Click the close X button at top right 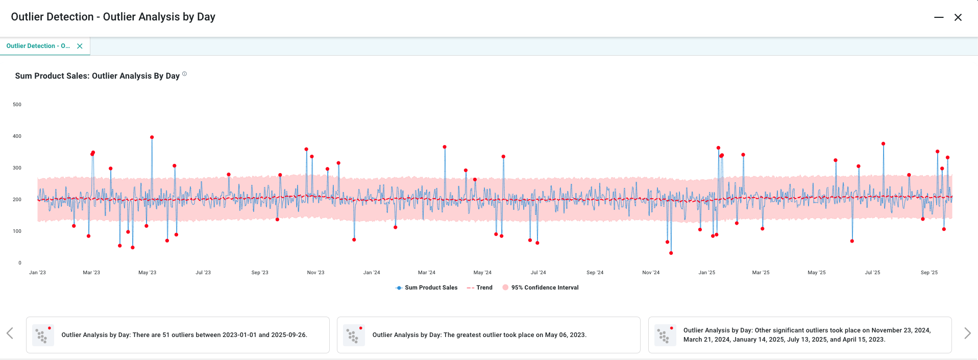[958, 17]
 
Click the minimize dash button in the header [939, 17]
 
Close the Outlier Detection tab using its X [80, 46]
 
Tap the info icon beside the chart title [185, 74]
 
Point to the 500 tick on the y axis [17, 105]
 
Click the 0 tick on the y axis [20, 263]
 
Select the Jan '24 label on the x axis [372, 273]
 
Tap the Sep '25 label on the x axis [929, 273]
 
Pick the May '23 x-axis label [148, 273]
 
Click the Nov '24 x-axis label [651, 273]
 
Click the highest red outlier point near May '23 [152, 137]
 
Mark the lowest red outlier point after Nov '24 [671, 253]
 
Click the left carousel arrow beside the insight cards [10, 333]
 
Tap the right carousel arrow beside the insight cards [967, 333]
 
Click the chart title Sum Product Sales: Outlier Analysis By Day [97, 76]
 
